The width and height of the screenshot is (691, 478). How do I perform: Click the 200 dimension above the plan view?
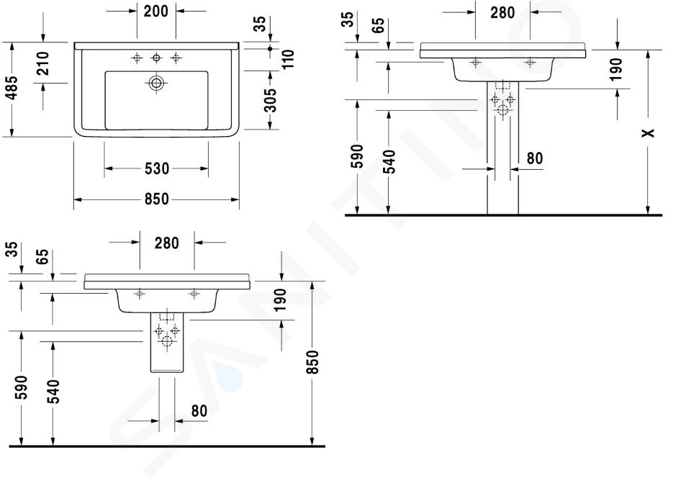156,11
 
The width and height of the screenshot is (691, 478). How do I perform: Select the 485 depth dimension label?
12,88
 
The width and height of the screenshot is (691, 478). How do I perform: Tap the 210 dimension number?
42,63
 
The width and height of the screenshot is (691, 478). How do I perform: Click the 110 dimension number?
288,59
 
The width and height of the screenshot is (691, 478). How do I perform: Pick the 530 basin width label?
157,168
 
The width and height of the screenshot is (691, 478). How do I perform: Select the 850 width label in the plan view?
157,199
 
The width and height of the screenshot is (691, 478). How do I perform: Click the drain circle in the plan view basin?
156,83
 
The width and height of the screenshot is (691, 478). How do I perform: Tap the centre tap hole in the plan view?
156,58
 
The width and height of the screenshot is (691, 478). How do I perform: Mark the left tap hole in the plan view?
137,58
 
